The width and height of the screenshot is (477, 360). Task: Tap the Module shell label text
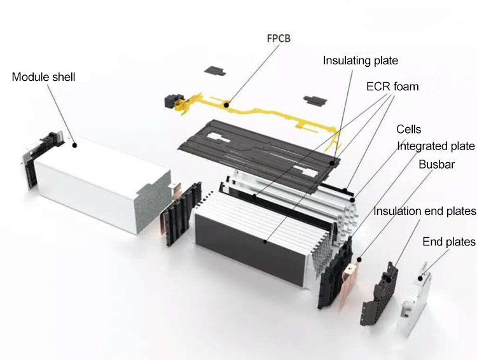tap(43, 77)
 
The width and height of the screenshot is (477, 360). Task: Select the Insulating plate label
tap(360, 61)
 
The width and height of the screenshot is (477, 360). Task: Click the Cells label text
tap(408, 130)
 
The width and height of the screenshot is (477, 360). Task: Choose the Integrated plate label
tap(436, 146)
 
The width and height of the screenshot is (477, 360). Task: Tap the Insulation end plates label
tap(425, 211)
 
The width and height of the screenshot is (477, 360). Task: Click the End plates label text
tap(448, 242)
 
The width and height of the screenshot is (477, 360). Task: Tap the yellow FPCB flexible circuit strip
tap(254, 114)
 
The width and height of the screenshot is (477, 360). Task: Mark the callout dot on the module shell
tap(75, 145)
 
